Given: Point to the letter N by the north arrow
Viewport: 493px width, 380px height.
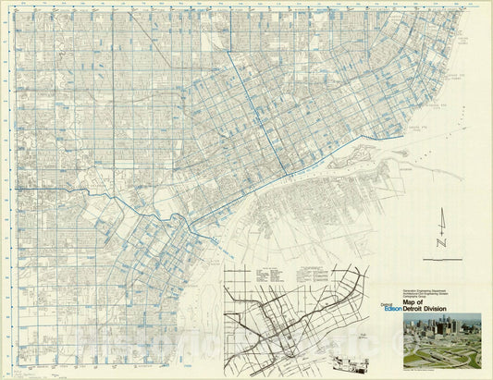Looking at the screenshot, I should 442,242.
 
